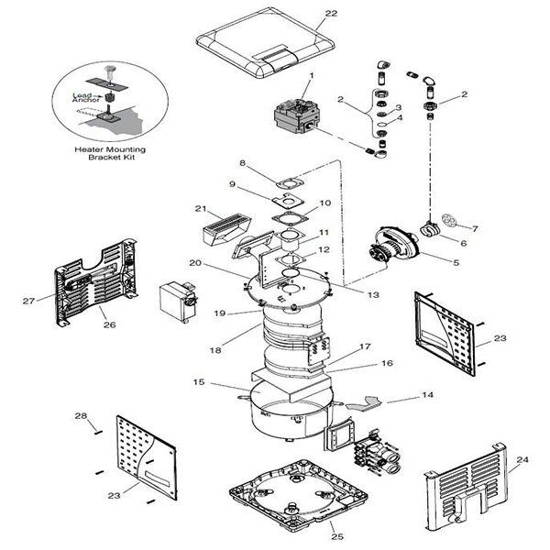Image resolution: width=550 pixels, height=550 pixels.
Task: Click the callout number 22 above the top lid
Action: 331,14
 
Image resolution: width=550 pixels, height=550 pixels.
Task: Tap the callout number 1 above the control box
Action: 311,75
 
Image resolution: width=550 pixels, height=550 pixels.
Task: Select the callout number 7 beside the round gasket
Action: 474,226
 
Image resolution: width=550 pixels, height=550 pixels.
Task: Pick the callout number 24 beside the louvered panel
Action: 522,460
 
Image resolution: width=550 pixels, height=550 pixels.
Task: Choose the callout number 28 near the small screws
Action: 81,417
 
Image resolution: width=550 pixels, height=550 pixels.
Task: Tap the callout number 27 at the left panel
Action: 28,299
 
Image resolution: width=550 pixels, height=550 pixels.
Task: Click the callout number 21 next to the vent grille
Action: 201,209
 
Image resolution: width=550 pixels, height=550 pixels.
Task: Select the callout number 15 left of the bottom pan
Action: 197,381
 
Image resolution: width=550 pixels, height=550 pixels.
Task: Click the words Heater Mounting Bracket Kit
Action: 109,153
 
